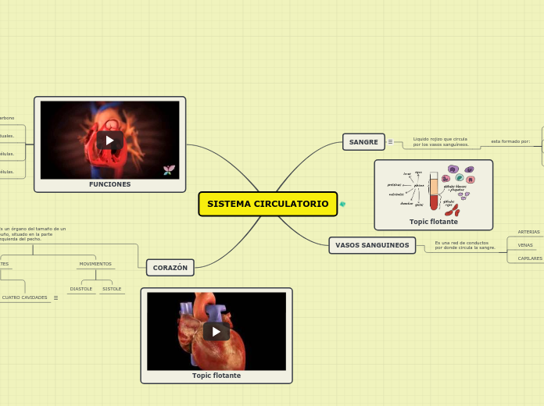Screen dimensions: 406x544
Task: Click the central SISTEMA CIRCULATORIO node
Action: [267, 204]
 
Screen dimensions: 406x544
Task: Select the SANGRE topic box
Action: [363, 142]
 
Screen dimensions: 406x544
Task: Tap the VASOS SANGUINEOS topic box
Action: [372, 245]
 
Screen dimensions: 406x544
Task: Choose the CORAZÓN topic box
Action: [170, 268]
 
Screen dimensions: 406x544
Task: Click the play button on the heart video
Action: [217, 331]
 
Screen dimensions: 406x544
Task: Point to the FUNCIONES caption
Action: [109, 184]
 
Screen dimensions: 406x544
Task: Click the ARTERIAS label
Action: [528, 232]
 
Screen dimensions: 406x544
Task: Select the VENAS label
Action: [525, 245]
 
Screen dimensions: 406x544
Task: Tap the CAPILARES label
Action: [530, 258]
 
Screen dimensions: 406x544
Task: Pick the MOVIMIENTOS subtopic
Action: [95, 264]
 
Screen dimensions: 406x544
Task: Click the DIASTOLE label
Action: [81, 289]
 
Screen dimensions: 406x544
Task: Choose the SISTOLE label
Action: [112, 289]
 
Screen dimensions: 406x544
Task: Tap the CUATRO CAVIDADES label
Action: [25, 297]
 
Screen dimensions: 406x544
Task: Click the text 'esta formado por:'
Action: [510, 141]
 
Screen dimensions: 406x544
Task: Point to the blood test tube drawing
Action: [434, 192]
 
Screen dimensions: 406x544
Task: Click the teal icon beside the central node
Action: [342, 205]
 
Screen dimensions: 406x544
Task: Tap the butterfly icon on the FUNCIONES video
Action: [168, 169]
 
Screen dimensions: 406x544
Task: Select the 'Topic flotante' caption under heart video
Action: [217, 376]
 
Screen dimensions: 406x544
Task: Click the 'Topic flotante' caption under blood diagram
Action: [434, 222]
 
